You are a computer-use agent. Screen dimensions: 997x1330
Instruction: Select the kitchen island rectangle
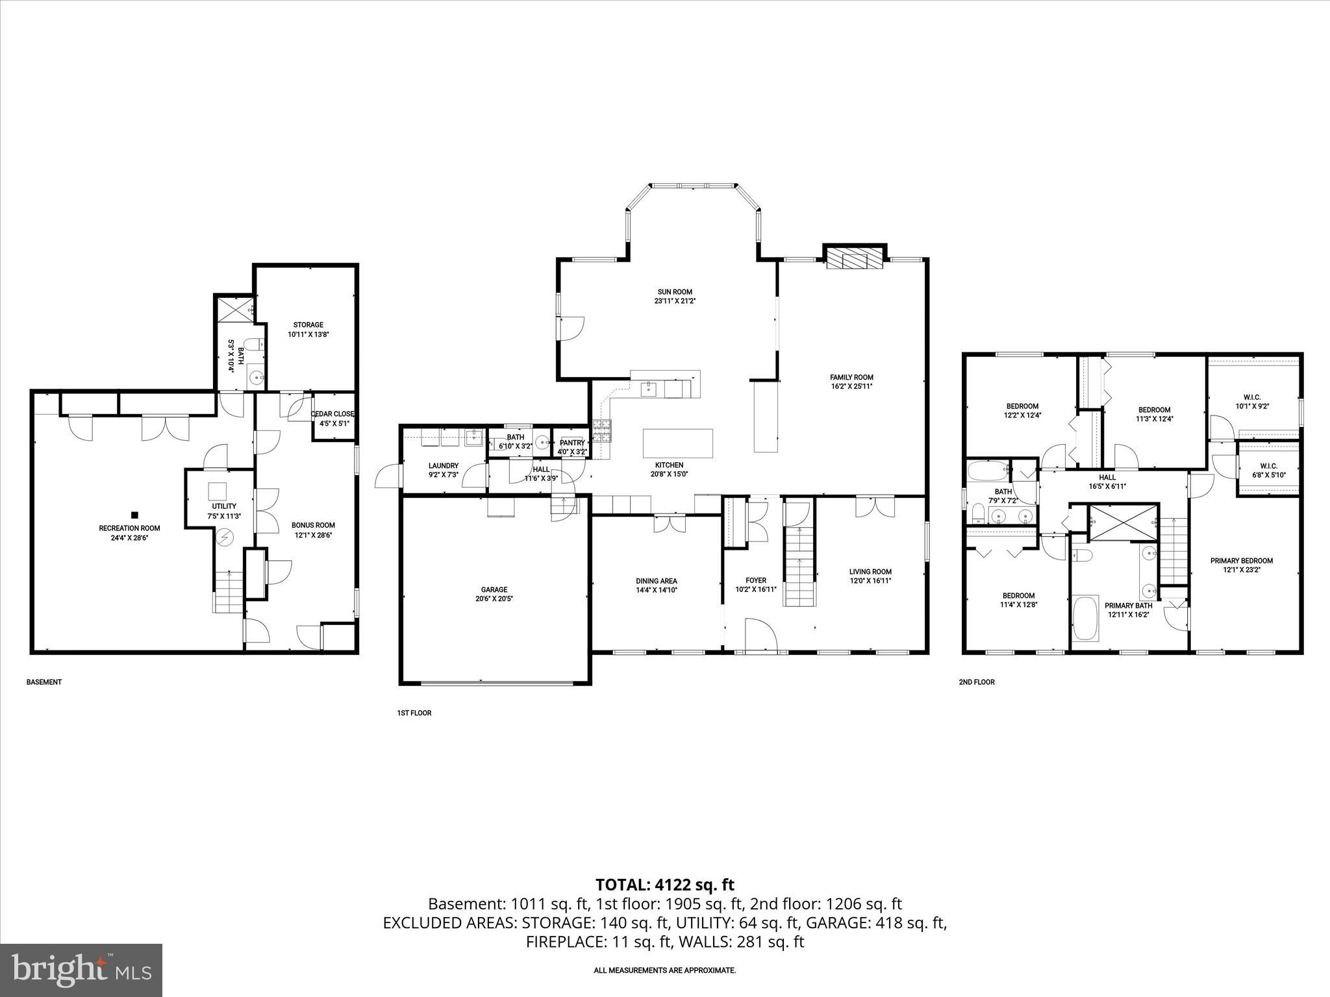(x=677, y=444)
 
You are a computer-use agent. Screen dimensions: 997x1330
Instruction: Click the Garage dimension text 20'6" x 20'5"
(x=494, y=599)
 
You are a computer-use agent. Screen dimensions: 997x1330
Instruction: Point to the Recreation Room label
(x=129, y=528)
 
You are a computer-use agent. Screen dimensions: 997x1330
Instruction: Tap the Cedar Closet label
(x=332, y=414)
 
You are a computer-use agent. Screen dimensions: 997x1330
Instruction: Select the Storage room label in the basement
(x=308, y=325)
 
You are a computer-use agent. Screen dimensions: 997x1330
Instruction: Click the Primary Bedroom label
(x=1241, y=561)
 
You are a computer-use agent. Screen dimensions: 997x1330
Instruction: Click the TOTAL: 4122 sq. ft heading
(x=664, y=885)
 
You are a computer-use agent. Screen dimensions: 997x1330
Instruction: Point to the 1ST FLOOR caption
(x=414, y=713)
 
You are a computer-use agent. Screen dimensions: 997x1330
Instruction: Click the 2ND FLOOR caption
(x=976, y=682)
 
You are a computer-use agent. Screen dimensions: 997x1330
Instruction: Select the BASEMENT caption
(x=44, y=682)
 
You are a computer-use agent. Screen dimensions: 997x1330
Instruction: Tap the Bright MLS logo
(x=81, y=970)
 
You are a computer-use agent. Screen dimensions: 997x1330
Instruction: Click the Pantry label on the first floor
(x=572, y=443)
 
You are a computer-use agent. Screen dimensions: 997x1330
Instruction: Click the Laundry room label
(x=444, y=466)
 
